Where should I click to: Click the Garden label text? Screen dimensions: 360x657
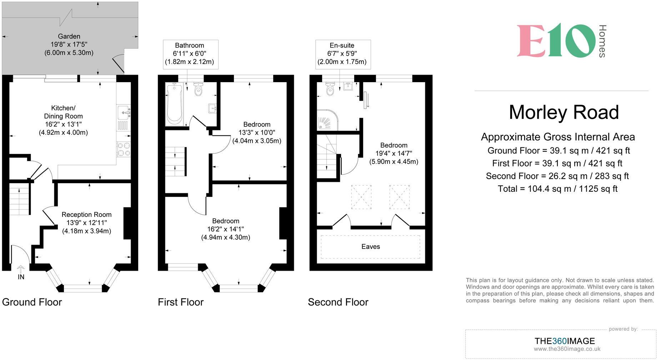(x=69, y=36)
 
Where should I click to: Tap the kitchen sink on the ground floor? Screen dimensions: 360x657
(x=124, y=112)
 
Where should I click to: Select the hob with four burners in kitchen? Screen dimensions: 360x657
(x=124, y=149)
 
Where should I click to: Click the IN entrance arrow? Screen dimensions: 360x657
(x=21, y=269)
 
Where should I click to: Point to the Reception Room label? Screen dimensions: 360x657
(x=86, y=215)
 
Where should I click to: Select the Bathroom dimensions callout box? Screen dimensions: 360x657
(x=190, y=54)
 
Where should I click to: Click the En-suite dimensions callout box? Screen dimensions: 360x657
(x=342, y=54)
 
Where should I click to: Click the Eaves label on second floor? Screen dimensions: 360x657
(x=370, y=247)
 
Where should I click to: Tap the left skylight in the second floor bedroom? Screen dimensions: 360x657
(x=361, y=197)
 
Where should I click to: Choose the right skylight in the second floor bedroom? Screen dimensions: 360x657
(x=399, y=197)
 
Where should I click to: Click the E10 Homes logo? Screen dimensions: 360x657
(x=561, y=41)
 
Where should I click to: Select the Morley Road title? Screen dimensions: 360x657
(x=563, y=112)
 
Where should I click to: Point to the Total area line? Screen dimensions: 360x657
(x=557, y=189)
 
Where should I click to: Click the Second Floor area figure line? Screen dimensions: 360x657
(x=557, y=176)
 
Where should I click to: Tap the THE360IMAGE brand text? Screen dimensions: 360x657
(x=565, y=341)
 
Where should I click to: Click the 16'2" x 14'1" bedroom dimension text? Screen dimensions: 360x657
(x=226, y=229)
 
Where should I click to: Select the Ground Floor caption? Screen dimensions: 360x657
(x=32, y=302)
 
